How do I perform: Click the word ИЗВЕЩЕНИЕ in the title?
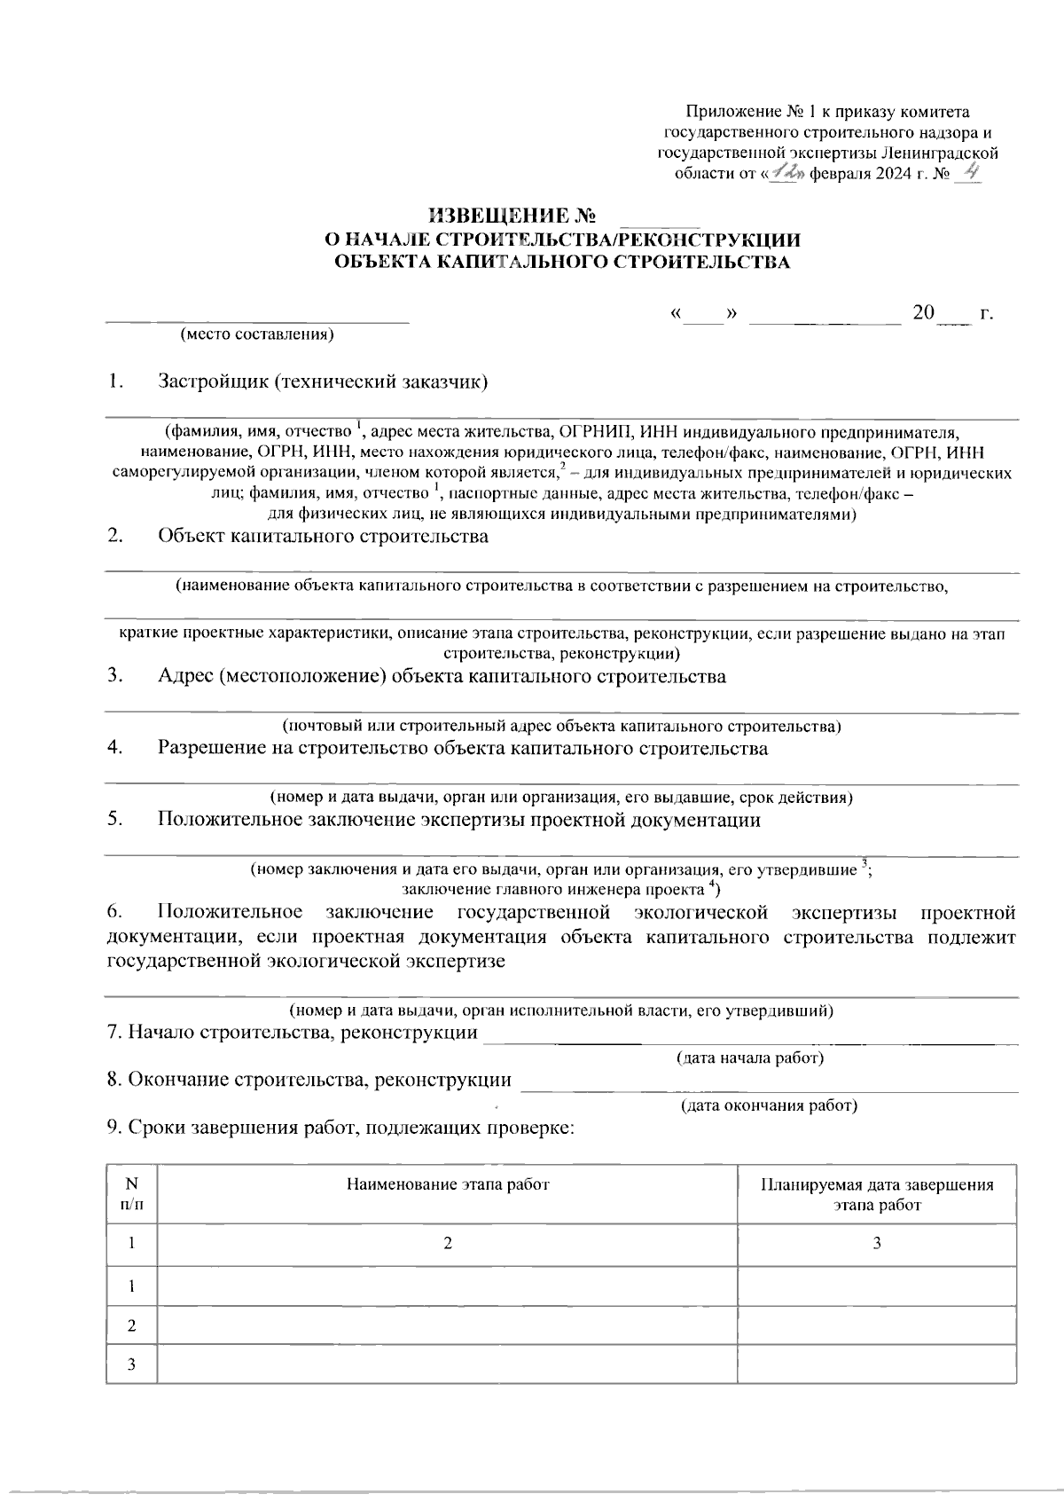497,216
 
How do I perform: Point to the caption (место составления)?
257,334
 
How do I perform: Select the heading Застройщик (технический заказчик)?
324,382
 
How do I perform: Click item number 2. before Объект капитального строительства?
114,537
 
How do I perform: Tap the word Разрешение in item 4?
212,749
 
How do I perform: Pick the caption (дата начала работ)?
750,1058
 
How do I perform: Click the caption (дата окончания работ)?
769,1105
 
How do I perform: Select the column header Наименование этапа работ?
448,1184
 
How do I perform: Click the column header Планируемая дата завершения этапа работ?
877,1195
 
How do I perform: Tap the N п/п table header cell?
131,1194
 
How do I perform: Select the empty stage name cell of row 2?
448,1325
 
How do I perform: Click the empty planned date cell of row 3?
877,1364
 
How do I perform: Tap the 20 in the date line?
924,314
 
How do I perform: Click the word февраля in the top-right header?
839,175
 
